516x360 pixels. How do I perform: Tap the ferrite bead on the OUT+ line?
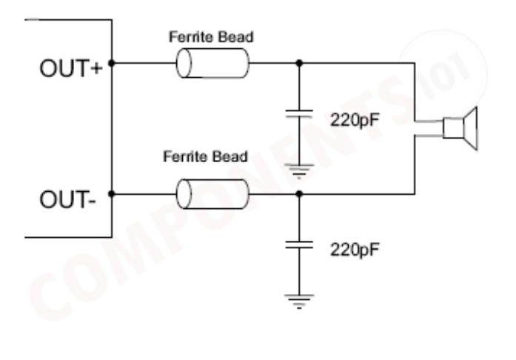tap(212, 64)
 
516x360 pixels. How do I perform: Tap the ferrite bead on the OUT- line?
tap(212, 195)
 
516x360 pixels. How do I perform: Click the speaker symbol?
tap(460, 127)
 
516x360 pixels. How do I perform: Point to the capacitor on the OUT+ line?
tap(299, 116)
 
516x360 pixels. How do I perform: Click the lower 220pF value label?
tap(355, 249)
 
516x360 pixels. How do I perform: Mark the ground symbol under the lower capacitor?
tap(299, 300)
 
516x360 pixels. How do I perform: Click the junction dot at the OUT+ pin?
tap(112, 64)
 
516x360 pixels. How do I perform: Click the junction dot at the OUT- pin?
tap(112, 195)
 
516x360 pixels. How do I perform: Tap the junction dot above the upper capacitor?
tap(299, 64)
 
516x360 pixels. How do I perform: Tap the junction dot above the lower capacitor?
tap(299, 195)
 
